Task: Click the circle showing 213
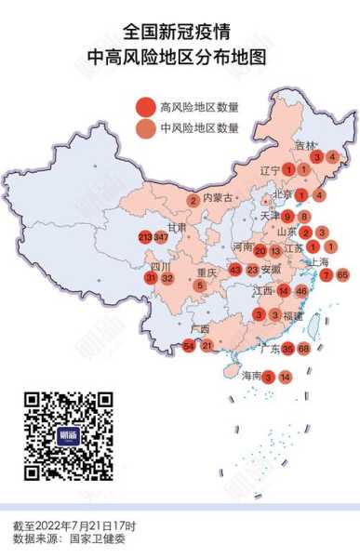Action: click(x=145, y=238)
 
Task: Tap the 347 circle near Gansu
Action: click(x=162, y=238)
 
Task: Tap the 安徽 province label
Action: click(x=272, y=270)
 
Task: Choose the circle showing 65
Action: click(x=342, y=274)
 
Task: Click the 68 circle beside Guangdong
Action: click(x=304, y=349)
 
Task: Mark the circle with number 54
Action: click(x=190, y=346)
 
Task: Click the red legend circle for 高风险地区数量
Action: click(x=144, y=107)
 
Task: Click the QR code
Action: click(x=69, y=435)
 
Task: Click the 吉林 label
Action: click(x=306, y=145)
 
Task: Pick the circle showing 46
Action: click(x=301, y=291)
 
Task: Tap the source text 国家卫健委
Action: click(x=95, y=539)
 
